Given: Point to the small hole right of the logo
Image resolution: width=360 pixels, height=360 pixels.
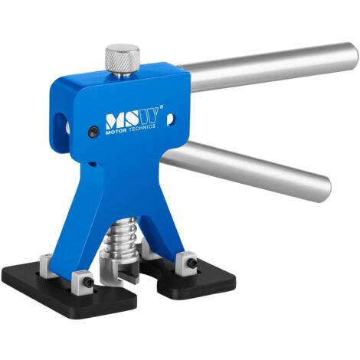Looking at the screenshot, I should coord(169,118).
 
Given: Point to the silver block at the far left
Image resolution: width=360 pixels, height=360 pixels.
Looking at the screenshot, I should coord(46,263).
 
